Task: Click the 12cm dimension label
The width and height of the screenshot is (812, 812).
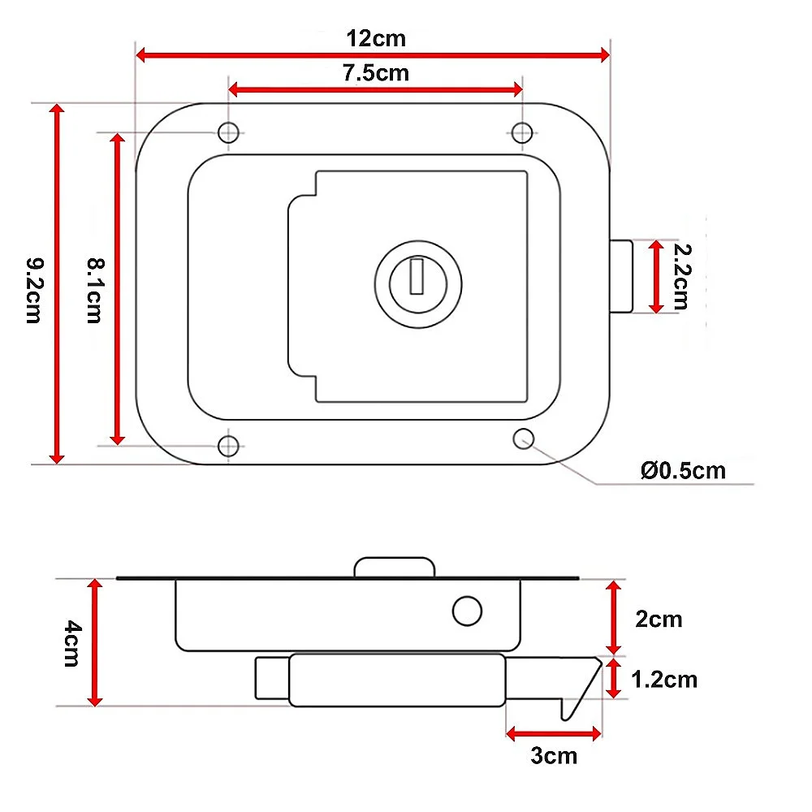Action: tap(376, 39)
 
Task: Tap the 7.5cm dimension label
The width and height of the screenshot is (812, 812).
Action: tap(376, 73)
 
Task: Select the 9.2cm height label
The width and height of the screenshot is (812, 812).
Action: tap(35, 291)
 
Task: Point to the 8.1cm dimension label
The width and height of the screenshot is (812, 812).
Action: tap(95, 291)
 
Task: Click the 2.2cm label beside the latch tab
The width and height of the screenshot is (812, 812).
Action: tap(682, 277)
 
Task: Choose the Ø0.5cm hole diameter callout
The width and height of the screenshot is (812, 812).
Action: tap(683, 471)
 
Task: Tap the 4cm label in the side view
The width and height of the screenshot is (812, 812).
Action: tap(72, 644)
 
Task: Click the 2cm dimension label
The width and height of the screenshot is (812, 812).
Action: tap(659, 620)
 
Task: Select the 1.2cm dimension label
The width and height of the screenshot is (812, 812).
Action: tap(664, 680)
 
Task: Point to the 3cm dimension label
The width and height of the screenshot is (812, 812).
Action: tap(554, 756)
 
